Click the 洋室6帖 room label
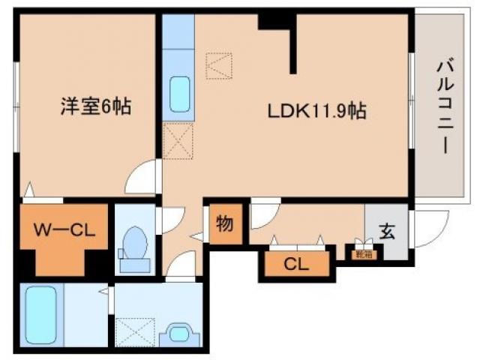[96, 107]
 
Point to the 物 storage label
[224, 224]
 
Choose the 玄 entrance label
[386, 231]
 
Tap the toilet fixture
[135, 243]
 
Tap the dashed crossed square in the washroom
[136, 331]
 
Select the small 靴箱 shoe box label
[361, 254]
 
